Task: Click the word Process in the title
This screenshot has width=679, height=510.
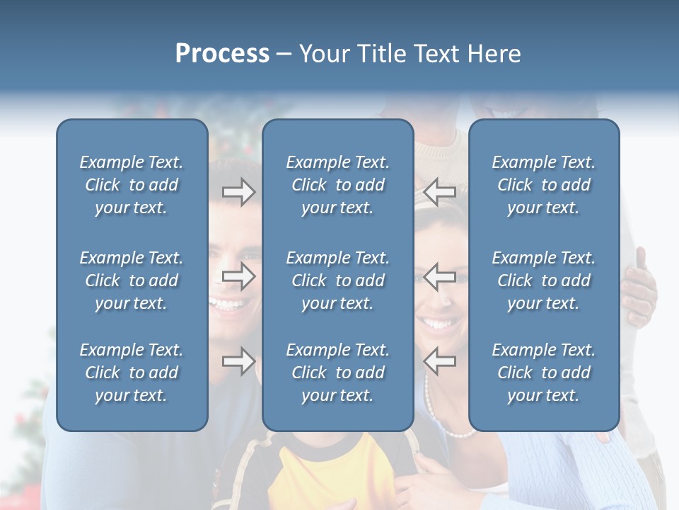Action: pyautogui.click(x=222, y=54)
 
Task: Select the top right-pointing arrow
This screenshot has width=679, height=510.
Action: pyautogui.click(x=238, y=191)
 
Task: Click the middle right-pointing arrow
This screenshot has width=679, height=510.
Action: pyautogui.click(x=238, y=276)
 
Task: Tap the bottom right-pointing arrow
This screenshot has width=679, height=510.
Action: pyautogui.click(x=238, y=361)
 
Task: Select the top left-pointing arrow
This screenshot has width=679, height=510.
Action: pyautogui.click(x=439, y=191)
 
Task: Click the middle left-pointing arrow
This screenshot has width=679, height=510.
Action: pyautogui.click(x=439, y=276)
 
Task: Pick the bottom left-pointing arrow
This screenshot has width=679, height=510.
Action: pyautogui.click(x=439, y=361)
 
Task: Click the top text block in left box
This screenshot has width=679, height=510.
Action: pyautogui.click(x=132, y=185)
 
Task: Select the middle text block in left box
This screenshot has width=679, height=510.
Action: pyautogui.click(x=132, y=280)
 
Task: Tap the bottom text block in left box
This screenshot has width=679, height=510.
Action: pyautogui.click(x=132, y=373)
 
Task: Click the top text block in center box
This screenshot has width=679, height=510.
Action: pyautogui.click(x=338, y=185)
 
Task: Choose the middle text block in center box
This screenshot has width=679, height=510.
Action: pyautogui.click(x=338, y=280)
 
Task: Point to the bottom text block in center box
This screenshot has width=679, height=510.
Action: pyautogui.click(x=338, y=373)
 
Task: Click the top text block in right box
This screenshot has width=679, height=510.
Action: pyautogui.click(x=544, y=185)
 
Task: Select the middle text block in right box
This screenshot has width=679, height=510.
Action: pyautogui.click(x=544, y=280)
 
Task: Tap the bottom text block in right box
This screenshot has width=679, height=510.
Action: pyautogui.click(x=544, y=373)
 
